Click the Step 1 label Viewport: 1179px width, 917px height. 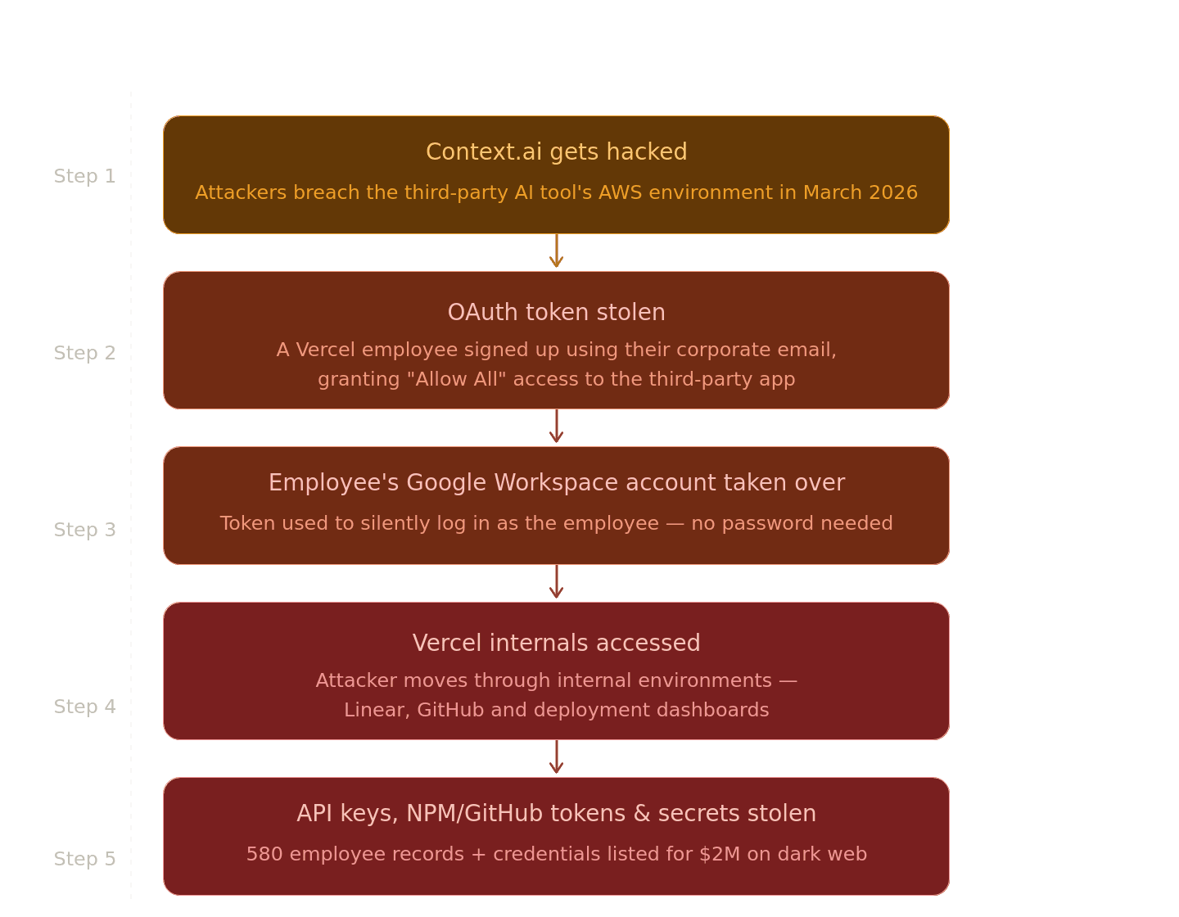pos(85,176)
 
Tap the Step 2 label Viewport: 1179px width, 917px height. pos(85,353)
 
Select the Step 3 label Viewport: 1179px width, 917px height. pos(85,530)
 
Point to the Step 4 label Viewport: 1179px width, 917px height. pos(85,707)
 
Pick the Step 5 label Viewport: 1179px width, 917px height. pos(85,859)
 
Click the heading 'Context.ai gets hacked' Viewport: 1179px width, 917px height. pos(556,152)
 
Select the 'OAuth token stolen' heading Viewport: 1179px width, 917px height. pos(556,313)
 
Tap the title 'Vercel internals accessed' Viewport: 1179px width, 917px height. pos(556,644)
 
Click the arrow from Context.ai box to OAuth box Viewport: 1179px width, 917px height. pos(556,252)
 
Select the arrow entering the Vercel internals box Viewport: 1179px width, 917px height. pos(556,583)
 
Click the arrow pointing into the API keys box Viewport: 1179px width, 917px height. pos(556,758)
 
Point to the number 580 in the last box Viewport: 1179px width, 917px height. pos(264,854)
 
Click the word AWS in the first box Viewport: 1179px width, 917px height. pos(621,192)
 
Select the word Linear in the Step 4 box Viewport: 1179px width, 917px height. pos(376,710)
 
